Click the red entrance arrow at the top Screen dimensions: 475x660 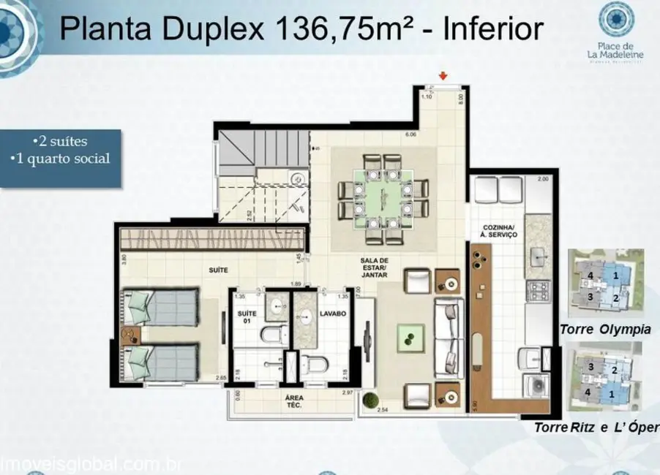point(443,76)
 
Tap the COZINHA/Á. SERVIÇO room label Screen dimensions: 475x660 point(500,230)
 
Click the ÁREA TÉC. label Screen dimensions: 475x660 point(294,400)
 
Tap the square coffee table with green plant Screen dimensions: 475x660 point(407,337)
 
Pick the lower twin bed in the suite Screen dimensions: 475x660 point(162,363)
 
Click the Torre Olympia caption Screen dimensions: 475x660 point(605,330)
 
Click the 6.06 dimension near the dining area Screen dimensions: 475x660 point(410,135)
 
